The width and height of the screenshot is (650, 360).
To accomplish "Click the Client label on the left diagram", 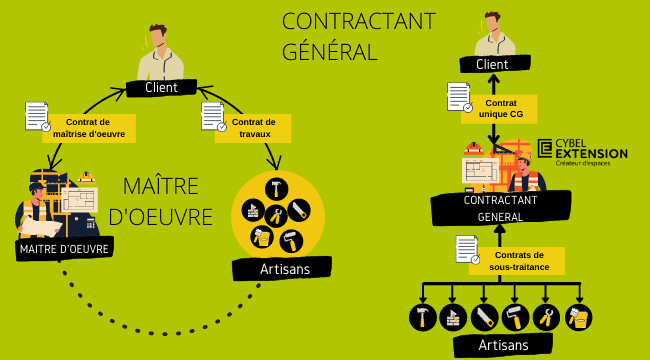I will pyautogui.click(x=161, y=88).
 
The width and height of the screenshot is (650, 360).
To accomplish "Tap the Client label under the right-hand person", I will pyautogui.click(x=492, y=64).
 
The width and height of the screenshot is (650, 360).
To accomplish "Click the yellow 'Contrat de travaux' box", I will pyautogui.click(x=253, y=128).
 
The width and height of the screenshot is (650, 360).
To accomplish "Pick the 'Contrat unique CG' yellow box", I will pyautogui.click(x=500, y=109).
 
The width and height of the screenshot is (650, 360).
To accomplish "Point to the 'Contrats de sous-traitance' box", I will pyautogui.click(x=517, y=261).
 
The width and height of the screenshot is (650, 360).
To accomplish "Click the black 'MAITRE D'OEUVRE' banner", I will pyautogui.click(x=64, y=249).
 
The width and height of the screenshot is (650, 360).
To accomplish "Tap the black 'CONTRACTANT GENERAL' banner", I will pyautogui.click(x=500, y=208).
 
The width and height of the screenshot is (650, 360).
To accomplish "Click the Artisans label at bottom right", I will pyautogui.click(x=503, y=345).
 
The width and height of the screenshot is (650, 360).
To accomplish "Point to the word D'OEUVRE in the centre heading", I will pyautogui.click(x=160, y=216).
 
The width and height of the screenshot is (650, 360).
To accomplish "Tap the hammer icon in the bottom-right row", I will pyautogui.click(x=423, y=317).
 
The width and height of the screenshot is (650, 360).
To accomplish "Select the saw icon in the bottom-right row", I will pyautogui.click(x=485, y=317).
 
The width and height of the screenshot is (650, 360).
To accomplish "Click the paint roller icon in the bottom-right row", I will pyautogui.click(x=516, y=317).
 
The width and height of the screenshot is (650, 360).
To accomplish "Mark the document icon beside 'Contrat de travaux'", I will pyautogui.click(x=213, y=116).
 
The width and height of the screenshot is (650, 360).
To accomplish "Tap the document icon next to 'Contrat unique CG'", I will pyautogui.click(x=458, y=96).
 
